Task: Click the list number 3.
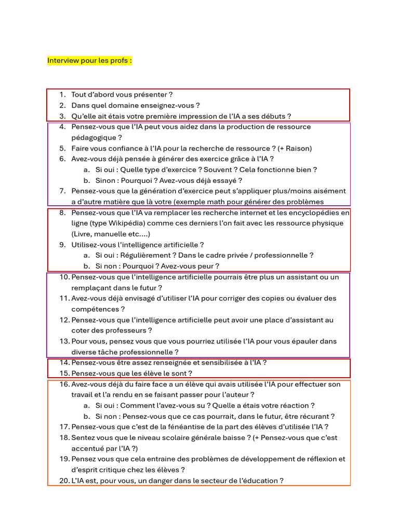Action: click(62, 116)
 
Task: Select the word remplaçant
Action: click(92, 288)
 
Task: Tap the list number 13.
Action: click(64, 341)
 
